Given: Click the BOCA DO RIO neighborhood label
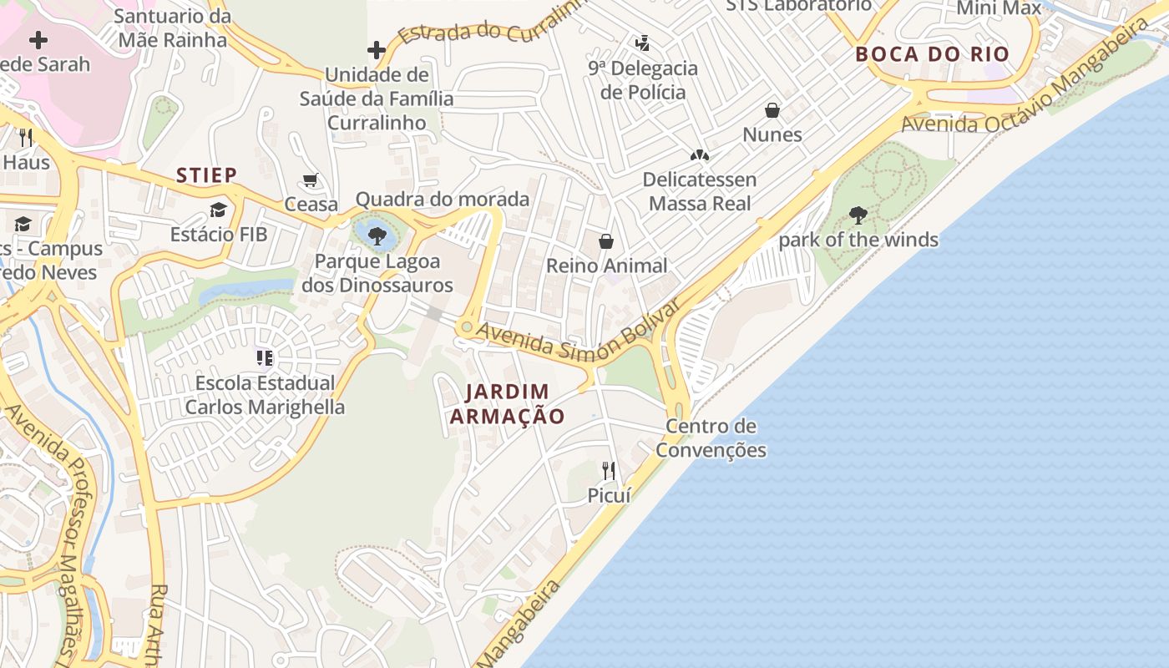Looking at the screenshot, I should [x=932, y=55].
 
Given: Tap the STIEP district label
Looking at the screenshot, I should [x=206, y=175].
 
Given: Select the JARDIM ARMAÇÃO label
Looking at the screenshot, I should [x=507, y=403].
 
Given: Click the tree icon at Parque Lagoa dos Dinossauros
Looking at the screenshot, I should [x=377, y=235].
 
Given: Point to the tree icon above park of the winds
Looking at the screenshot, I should [x=858, y=215].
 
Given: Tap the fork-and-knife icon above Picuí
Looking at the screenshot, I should [x=609, y=471].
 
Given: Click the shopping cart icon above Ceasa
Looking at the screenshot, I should [x=311, y=180].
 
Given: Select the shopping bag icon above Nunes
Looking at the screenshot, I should [x=772, y=110].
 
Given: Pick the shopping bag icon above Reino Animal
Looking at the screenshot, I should [x=606, y=241].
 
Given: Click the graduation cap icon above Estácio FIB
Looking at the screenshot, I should [x=218, y=210].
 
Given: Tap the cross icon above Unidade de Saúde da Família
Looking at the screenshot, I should [x=377, y=49].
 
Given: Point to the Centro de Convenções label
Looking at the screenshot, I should [x=711, y=438].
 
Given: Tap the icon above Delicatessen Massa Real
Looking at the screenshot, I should [x=699, y=155].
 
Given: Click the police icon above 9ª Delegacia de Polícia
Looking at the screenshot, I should [x=642, y=43].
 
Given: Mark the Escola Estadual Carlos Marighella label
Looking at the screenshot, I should [x=265, y=395].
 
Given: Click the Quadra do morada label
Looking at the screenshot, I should [x=443, y=199].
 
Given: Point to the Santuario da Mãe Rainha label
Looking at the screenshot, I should [x=172, y=28].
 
